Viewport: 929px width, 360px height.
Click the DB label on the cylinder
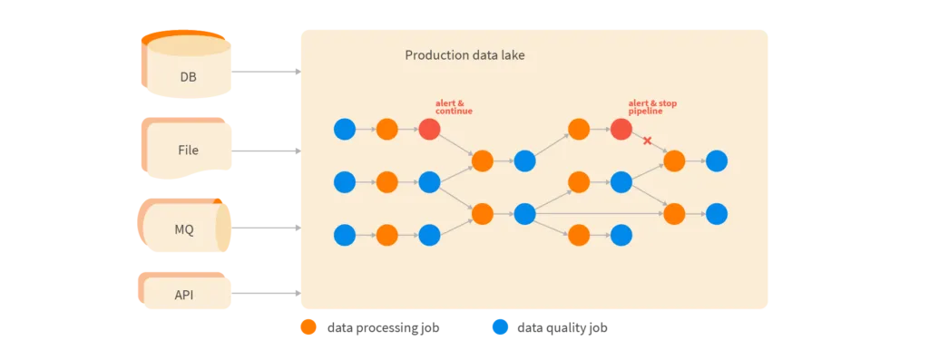coord(188,77)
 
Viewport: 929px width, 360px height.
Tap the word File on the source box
coord(188,151)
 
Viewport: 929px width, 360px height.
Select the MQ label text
coord(184,229)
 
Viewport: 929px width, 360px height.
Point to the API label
coord(184,295)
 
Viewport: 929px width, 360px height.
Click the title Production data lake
coord(464,55)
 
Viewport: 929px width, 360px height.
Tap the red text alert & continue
coord(454,107)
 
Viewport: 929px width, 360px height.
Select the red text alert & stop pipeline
coord(651,107)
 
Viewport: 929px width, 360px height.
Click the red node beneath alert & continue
coord(430,130)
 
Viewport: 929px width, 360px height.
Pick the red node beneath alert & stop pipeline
coord(621,130)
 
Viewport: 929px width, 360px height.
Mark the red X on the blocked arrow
coord(647,141)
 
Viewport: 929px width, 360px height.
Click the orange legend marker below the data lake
coord(308,327)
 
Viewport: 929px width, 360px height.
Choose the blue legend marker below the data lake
coord(500,327)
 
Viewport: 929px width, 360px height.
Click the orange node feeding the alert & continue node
coord(387,130)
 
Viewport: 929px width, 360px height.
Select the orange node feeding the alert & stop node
coord(579,130)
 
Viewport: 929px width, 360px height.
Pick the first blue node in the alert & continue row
coord(345,130)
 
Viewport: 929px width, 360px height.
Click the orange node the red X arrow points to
coord(674,161)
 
